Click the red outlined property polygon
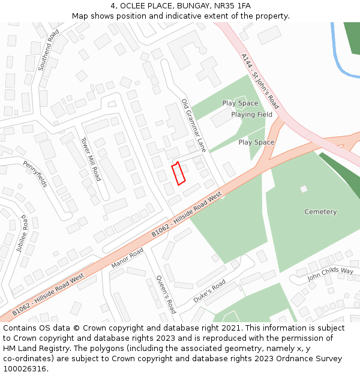(178, 173)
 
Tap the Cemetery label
(320, 212)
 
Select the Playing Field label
(252, 115)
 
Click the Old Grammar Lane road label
(194, 125)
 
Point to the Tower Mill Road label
(91, 159)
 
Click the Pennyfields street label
(35, 174)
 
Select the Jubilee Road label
(23, 234)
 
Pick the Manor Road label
(127, 257)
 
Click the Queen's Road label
(166, 294)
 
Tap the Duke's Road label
(209, 291)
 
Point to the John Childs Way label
(330, 274)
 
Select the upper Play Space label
(240, 103)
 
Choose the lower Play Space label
(256, 142)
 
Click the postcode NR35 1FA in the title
(230, 6)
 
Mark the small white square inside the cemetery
(304, 189)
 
